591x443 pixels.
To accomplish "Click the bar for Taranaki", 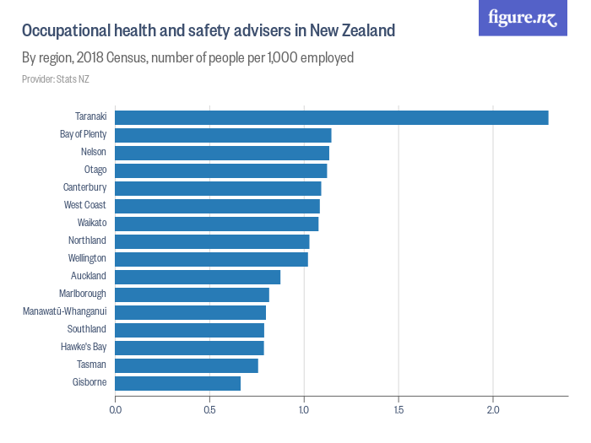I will pos(331,117).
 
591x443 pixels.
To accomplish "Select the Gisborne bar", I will pos(177,383).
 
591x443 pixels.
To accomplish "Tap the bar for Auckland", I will pos(198,277).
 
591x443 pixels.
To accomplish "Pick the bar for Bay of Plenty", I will pos(223,135).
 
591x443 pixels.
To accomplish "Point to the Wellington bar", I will pos(211,259).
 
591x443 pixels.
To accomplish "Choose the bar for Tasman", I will pos(186,365).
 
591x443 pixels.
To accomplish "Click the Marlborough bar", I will pos(192,294).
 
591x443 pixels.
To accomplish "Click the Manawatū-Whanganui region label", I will pos(64,311).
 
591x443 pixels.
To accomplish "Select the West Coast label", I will pos(84,205).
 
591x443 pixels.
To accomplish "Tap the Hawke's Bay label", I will pos(84,347).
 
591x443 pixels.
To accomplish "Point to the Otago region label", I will pos(95,170).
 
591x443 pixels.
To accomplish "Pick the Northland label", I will pos(87,240).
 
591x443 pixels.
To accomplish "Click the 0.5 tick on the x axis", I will pos(209,411).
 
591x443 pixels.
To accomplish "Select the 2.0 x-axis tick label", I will pos(493,411).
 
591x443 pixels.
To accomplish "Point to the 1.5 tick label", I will pos(399,411).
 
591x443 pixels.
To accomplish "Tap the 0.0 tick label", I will pos(115,411).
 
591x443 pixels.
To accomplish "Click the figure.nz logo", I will pos(523,18).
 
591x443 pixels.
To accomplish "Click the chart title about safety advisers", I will pos(208,31).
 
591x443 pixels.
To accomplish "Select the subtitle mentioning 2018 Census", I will pos(187,58).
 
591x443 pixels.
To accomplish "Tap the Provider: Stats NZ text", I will pos(55,79).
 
